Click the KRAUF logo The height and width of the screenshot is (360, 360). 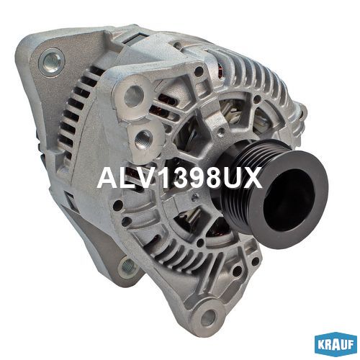pyautogui.click(x=336, y=345)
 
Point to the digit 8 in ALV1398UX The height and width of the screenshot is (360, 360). pyautogui.click(x=209, y=178)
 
